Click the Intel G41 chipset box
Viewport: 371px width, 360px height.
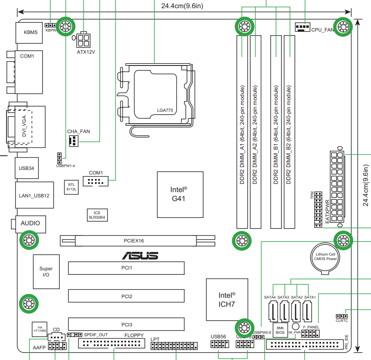pyautogui.click(x=180, y=195)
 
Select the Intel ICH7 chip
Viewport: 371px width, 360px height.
pyautogui.click(x=227, y=300)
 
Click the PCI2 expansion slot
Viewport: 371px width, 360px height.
pyautogui.click(x=126, y=296)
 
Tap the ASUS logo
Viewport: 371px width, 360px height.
pyautogui.click(x=140, y=256)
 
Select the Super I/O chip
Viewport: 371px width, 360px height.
pyautogui.click(x=46, y=272)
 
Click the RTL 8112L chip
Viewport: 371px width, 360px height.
pyautogui.click(x=72, y=186)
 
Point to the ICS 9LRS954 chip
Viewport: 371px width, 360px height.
pyautogui.click(x=97, y=215)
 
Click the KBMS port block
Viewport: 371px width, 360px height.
pyautogui.click(x=30, y=32)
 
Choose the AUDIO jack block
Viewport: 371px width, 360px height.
pyautogui.click(x=31, y=224)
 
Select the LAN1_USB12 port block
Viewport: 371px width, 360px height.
pyautogui.click(x=34, y=195)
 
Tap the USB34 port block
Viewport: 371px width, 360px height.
pyautogui.click(x=26, y=168)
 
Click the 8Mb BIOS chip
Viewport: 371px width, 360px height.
pyautogui.click(x=280, y=330)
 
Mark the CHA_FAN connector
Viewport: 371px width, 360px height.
pyautogui.click(x=74, y=141)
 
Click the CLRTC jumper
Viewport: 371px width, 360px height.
pyautogui.click(x=341, y=316)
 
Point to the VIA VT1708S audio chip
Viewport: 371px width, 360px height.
pyautogui.click(x=40, y=328)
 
